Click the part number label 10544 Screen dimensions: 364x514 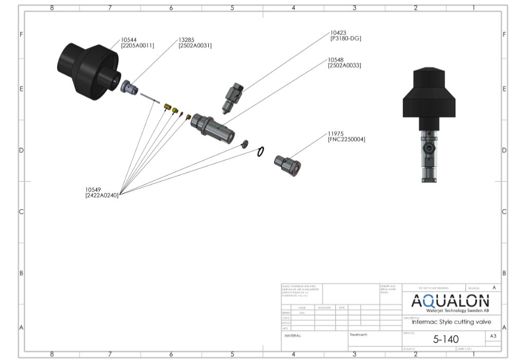click(130, 39)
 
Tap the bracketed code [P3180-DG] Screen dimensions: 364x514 click(346, 38)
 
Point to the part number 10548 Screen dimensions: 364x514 click(337, 60)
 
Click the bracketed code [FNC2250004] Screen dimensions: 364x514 click(346, 140)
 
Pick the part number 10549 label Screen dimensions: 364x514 click(94, 189)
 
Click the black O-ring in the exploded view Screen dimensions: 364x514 click(261, 151)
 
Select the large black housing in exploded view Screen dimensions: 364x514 click(87, 67)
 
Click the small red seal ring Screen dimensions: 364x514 click(181, 114)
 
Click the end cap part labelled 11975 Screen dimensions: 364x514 click(287, 164)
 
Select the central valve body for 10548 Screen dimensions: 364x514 click(216, 129)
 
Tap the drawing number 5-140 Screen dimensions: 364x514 click(446, 339)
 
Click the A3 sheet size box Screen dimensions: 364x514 click(493, 336)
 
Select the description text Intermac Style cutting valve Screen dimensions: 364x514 click(451, 322)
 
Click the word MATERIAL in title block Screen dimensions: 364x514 click(293, 335)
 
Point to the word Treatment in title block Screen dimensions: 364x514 click(359, 335)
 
